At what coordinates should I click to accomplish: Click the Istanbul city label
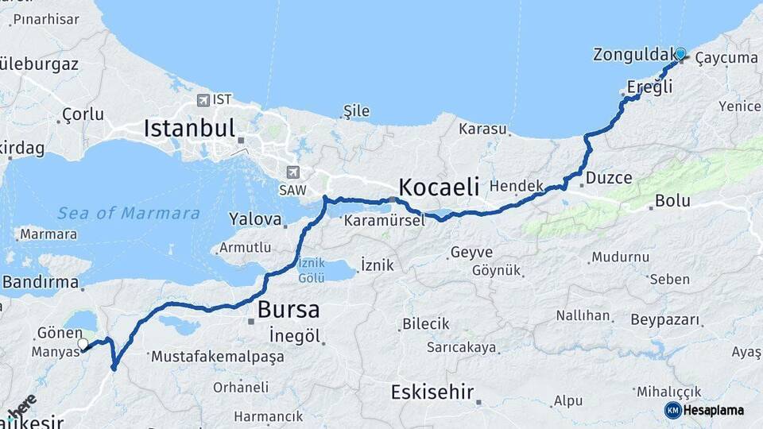[x=189, y=128]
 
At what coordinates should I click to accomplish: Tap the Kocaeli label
[x=439, y=187]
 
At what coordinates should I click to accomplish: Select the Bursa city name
[x=289, y=309]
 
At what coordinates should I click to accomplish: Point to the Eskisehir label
[x=432, y=392]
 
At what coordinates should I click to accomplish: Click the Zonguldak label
[x=632, y=55]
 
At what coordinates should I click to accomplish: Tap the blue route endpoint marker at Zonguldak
[x=680, y=53]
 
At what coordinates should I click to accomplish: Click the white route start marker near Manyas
[x=83, y=344]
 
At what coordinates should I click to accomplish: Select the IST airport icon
[x=203, y=100]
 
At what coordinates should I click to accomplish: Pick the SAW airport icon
[x=293, y=172]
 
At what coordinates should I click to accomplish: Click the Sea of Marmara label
[x=129, y=213]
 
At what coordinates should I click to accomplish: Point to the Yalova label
[x=255, y=218]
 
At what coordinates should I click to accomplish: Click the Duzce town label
[x=608, y=179]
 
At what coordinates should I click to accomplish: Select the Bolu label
[x=672, y=202]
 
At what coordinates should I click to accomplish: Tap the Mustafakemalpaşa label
[x=217, y=357]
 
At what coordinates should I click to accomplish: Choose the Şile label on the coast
[x=356, y=111]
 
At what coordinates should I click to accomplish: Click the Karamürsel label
[x=385, y=221]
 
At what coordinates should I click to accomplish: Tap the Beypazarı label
[x=666, y=320]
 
